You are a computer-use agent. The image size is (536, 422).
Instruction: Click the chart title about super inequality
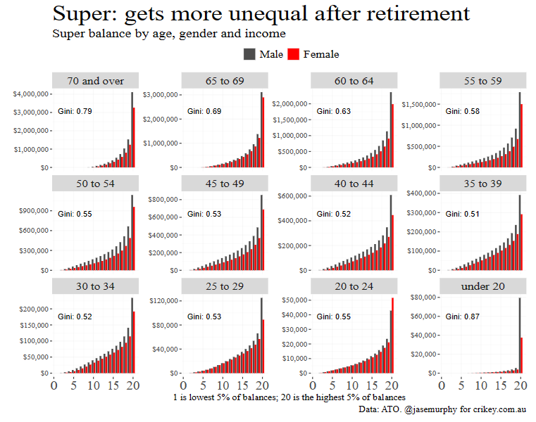(261, 13)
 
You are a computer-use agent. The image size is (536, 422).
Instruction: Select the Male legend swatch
(249, 54)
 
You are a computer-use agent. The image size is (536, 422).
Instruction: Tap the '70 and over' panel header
(95, 81)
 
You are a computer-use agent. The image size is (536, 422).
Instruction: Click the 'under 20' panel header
(483, 287)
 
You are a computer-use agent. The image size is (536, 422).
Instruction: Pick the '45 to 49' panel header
(225, 184)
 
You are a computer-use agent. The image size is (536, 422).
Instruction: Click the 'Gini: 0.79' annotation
(75, 111)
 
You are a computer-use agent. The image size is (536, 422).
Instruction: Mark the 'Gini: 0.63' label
(334, 111)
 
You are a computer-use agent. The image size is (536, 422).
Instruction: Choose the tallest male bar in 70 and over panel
(131, 130)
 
